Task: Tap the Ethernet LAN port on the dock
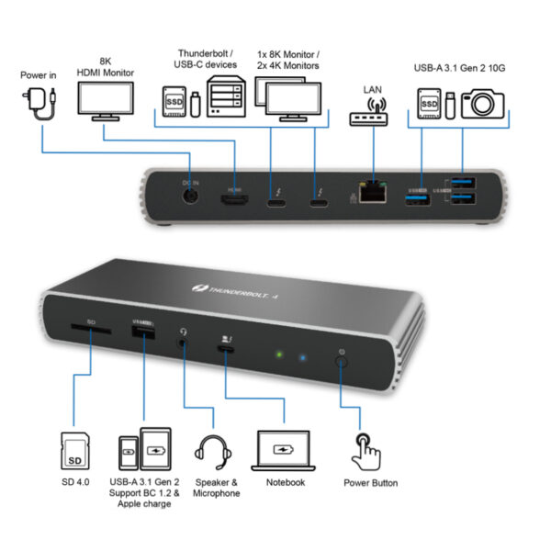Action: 371,194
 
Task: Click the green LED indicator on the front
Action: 275,354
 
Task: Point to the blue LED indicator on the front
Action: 302,355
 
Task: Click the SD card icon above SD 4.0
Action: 74,451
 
